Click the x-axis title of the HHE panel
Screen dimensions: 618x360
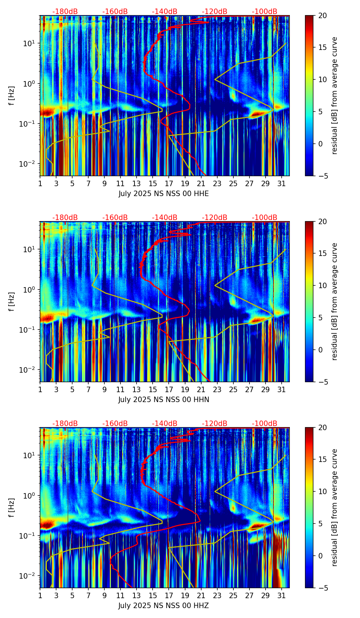click(x=164, y=194)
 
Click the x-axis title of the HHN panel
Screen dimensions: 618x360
click(x=164, y=400)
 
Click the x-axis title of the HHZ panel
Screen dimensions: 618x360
click(x=164, y=606)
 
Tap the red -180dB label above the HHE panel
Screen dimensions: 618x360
click(x=65, y=12)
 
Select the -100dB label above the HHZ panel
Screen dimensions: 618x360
click(x=265, y=424)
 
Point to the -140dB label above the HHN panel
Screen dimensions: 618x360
click(x=165, y=218)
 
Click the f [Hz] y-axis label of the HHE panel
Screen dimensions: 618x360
click(x=12, y=95)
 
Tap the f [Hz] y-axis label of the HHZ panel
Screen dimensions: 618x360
click(x=12, y=507)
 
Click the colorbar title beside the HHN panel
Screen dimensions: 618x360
click(x=334, y=301)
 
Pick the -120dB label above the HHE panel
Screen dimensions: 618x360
click(x=215, y=12)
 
